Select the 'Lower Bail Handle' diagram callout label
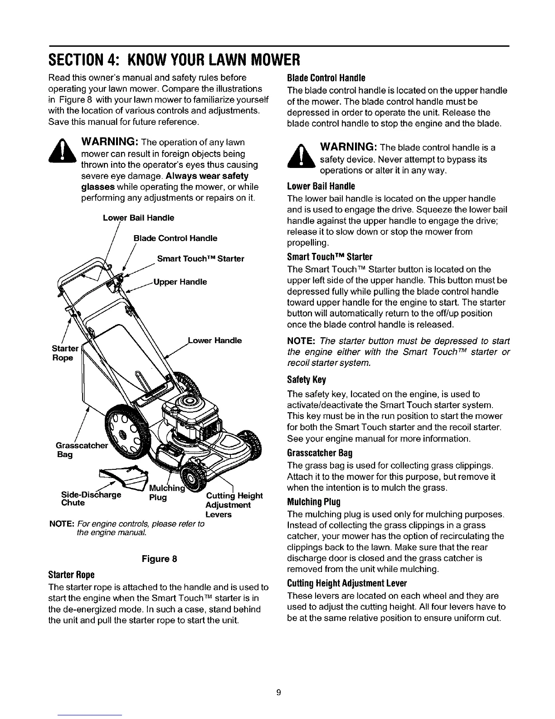click(x=138, y=218)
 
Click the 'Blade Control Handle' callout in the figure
click(x=175, y=238)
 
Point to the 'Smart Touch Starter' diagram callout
click(x=200, y=259)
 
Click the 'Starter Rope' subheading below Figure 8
click(x=71, y=575)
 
